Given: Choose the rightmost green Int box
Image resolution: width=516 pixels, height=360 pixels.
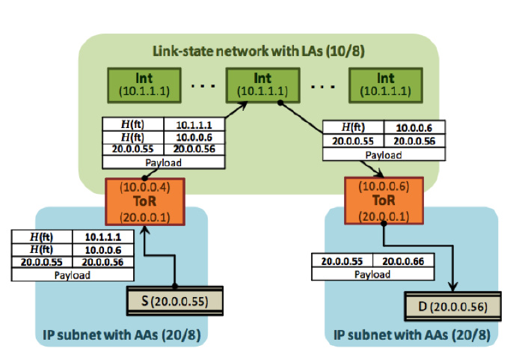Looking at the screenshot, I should click(x=385, y=84).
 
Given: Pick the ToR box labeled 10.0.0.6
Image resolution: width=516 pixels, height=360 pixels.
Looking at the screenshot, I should click(x=384, y=200).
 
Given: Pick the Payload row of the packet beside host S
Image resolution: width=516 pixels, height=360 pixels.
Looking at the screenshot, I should click(x=73, y=275).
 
